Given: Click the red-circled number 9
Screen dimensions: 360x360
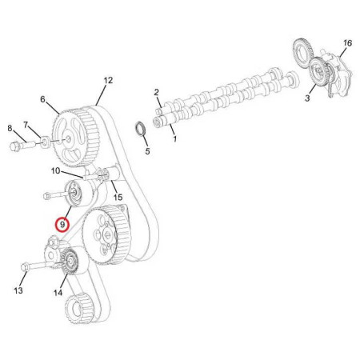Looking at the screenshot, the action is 62,225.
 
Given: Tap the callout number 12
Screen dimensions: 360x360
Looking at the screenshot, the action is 108,80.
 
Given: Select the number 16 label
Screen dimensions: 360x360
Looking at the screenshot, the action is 347,43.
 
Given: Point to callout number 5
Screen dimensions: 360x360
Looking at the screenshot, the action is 147,151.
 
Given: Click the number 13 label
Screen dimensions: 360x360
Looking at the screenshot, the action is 18,290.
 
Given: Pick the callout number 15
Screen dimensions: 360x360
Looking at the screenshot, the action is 118,198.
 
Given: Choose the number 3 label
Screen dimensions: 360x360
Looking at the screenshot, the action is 307,98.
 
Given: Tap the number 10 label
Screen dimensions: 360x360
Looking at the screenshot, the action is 55,170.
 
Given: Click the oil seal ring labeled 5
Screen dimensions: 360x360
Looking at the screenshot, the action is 141,129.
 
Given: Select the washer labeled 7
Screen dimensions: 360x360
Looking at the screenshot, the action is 46,142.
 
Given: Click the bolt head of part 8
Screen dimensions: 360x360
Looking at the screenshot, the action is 14,146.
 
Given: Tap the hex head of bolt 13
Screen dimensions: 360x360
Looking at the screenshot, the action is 24,267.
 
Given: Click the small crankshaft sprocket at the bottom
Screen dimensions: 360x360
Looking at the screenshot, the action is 78,308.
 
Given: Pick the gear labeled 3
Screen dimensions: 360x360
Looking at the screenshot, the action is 319,71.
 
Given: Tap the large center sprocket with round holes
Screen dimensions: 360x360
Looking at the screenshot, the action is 106,234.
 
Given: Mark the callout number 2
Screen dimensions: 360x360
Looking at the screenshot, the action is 156,92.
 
